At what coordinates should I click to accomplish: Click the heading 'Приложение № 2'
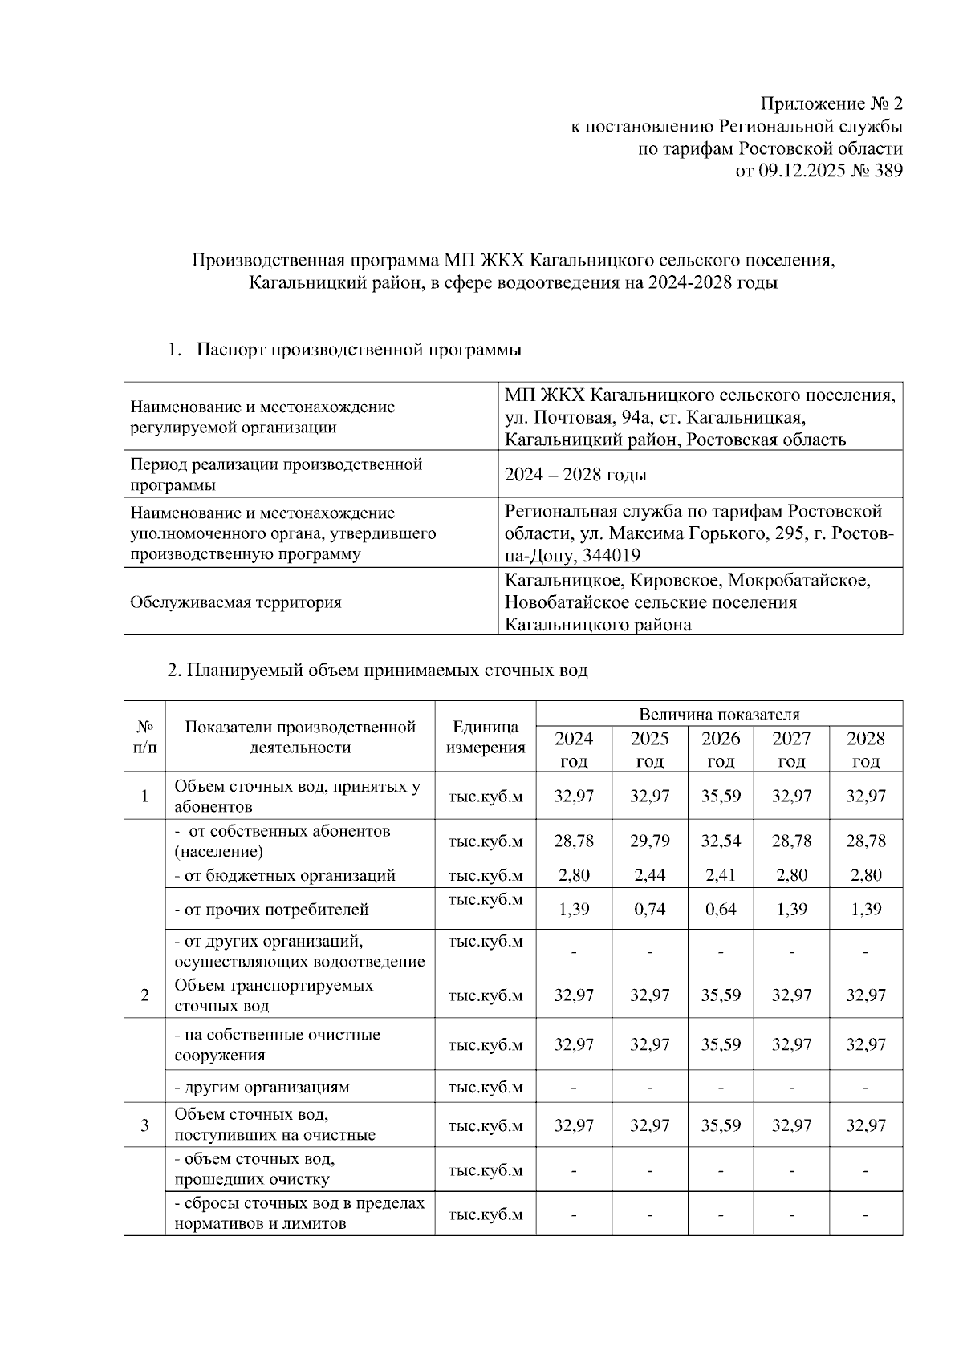tap(831, 104)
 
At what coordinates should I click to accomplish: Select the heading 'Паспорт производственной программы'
tap(359, 350)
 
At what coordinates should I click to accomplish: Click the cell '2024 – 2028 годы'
tap(575, 475)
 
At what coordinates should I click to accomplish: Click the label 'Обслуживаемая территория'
tap(236, 602)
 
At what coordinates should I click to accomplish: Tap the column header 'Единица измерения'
tap(486, 737)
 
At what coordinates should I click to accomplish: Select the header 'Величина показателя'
tap(719, 714)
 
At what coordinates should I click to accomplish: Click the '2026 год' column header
tap(721, 749)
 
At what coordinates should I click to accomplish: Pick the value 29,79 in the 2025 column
tap(649, 841)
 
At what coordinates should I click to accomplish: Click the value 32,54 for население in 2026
tap(721, 841)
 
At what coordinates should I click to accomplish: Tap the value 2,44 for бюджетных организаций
tap(649, 875)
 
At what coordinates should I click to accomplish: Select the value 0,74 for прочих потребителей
tap(649, 910)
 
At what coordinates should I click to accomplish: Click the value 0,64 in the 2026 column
tap(721, 910)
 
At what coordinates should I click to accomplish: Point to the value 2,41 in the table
tap(721, 875)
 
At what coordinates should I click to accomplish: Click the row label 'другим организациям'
tap(262, 1088)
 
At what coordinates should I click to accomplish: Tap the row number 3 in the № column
tap(144, 1125)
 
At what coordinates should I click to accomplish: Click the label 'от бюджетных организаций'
tap(285, 875)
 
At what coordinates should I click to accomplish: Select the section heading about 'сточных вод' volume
tap(377, 671)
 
